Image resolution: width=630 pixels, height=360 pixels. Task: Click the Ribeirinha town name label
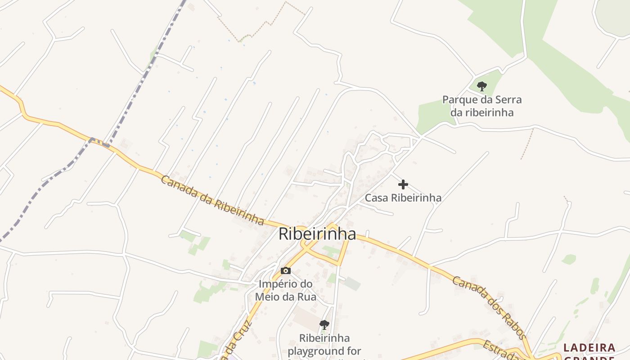point(317,234)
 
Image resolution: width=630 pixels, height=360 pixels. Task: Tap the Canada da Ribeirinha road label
point(212,200)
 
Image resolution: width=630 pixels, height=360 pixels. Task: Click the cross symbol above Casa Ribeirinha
point(403,184)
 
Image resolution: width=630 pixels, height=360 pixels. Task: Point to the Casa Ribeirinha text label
point(403,198)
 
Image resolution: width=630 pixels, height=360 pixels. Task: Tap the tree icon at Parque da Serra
point(482,86)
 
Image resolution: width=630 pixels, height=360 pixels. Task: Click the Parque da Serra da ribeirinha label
point(482,106)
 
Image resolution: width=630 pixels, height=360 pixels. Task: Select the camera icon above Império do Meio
point(285,270)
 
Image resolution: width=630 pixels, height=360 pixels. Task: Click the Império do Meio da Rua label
point(285,290)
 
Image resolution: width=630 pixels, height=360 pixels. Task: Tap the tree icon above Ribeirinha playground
point(324,324)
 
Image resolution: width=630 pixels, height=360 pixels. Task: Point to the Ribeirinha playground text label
point(325,344)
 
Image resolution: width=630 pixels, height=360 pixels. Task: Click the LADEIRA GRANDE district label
point(589,351)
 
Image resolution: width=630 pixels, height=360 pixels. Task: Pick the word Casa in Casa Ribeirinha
point(376,198)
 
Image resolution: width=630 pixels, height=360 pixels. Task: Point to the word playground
point(325,351)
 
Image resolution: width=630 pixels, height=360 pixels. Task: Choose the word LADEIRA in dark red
point(589,347)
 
